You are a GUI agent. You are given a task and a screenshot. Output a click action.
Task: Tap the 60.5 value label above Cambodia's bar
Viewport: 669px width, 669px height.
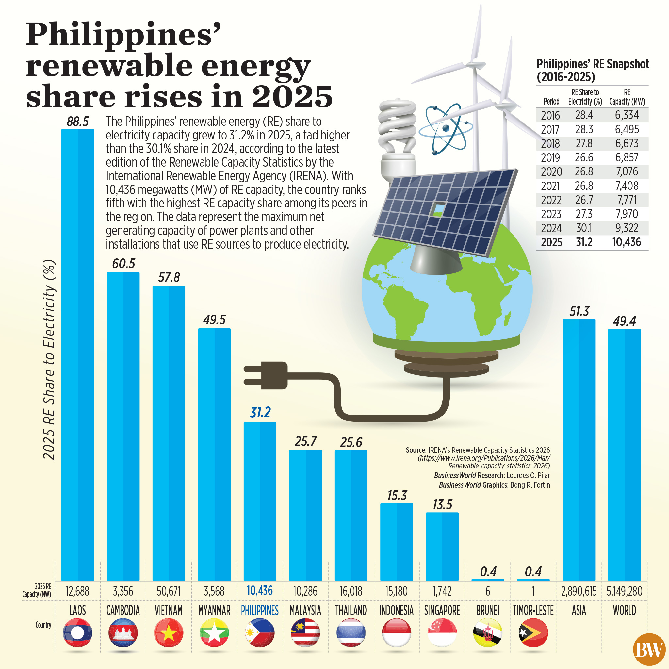pyautogui.click(x=123, y=264)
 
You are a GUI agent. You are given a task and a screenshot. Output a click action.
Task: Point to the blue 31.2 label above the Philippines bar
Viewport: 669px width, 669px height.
pyautogui.click(x=260, y=413)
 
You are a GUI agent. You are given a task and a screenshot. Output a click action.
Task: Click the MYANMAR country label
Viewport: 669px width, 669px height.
pyautogui.click(x=214, y=611)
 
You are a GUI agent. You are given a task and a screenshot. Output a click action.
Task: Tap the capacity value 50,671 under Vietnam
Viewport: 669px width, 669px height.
pyautogui.click(x=169, y=591)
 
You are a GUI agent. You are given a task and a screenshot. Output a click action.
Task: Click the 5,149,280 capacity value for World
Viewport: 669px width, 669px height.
pyautogui.click(x=624, y=591)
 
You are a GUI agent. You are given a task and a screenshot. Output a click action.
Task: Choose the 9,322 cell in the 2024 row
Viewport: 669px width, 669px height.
pyautogui.click(x=627, y=228)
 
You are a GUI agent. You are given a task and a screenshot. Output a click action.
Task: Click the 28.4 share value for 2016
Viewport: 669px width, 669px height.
pyautogui.click(x=584, y=115)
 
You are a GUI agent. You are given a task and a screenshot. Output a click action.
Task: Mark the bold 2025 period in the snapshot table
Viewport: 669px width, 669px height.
pyautogui.click(x=551, y=242)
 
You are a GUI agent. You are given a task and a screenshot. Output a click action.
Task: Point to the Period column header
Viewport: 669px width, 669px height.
pyautogui.click(x=551, y=102)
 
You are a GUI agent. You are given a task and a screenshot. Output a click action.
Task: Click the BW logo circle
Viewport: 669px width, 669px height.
pyautogui.click(x=649, y=650)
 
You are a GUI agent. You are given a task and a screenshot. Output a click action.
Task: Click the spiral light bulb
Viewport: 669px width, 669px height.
pyautogui.click(x=397, y=139)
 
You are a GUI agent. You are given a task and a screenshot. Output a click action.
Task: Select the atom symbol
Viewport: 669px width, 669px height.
pyautogui.click(x=446, y=128)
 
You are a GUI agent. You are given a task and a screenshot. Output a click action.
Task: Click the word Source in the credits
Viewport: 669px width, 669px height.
pyautogui.click(x=416, y=450)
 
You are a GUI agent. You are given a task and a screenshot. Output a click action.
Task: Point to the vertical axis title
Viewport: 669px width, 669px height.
pyautogui.click(x=49, y=360)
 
